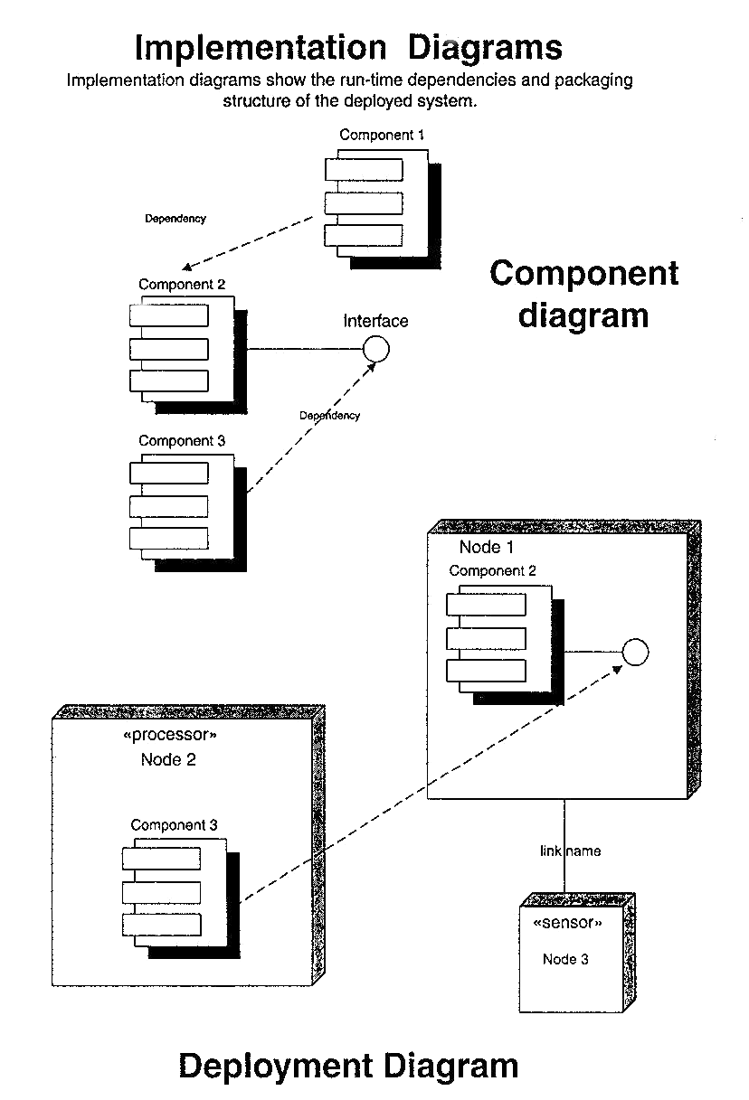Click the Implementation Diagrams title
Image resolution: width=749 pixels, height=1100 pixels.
click(x=348, y=47)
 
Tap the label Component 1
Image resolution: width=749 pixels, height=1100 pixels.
click(x=382, y=136)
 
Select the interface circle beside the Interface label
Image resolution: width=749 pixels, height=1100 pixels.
click(x=375, y=348)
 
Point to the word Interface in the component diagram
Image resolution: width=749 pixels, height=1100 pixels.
click(x=375, y=321)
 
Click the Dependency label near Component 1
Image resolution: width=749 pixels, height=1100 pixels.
click(x=175, y=219)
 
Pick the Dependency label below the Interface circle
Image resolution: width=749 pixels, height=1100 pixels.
click(x=329, y=416)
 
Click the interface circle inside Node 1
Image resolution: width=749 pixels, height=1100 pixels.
click(x=636, y=652)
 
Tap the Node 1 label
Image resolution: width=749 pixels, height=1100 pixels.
click(x=487, y=547)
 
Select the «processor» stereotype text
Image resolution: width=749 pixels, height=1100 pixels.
click(x=169, y=736)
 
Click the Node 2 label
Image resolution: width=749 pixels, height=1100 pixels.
click(x=168, y=759)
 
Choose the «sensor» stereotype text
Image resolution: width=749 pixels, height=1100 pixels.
click(x=567, y=923)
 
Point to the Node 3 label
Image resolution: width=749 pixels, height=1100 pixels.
click(x=565, y=959)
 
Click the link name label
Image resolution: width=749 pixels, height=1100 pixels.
click(x=570, y=851)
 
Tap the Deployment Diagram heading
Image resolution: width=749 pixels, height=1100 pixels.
click(x=348, y=1066)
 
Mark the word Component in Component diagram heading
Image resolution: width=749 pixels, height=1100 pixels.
click(x=583, y=273)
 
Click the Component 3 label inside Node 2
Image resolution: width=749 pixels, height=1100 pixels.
click(x=174, y=825)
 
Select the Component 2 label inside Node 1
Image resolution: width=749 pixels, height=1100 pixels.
click(x=492, y=571)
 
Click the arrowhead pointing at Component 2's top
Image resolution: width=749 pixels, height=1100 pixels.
click(x=185, y=268)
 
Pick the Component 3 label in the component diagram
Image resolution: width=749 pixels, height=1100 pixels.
click(x=182, y=441)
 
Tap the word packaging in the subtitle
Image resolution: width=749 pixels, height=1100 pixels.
click(x=593, y=80)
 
